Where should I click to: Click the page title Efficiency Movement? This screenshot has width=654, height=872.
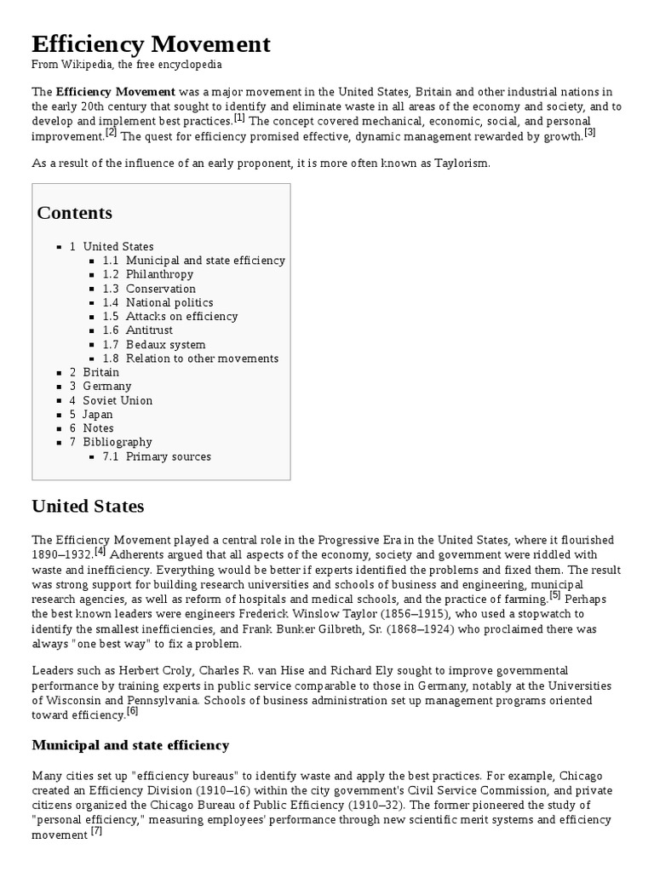[151, 44]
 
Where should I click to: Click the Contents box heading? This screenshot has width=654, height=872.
[74, 212]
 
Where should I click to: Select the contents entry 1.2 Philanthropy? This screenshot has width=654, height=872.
[148, 274]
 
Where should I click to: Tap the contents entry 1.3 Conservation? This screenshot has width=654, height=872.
[149, 289]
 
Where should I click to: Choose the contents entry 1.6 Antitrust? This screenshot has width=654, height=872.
[138, 330]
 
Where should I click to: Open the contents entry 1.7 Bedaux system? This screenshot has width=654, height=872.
[154, 345]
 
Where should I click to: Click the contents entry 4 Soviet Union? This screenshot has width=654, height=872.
[111, 400]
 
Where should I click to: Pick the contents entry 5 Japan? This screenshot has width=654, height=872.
[91, 415]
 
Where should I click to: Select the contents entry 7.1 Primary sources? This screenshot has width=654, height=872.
[157, 456]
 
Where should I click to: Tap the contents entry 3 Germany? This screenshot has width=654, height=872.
[100, 387]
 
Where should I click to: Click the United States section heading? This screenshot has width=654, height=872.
[88, 507]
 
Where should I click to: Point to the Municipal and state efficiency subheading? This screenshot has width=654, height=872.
[130, 745]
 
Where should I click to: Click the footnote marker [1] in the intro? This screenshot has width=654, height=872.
[239, 118]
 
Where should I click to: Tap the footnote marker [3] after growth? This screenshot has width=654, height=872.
[589, 132]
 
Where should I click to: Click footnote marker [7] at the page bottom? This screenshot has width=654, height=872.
[96, 831]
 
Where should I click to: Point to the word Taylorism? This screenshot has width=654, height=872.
[461, 163]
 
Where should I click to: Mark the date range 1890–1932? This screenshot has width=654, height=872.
[62, 554]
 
